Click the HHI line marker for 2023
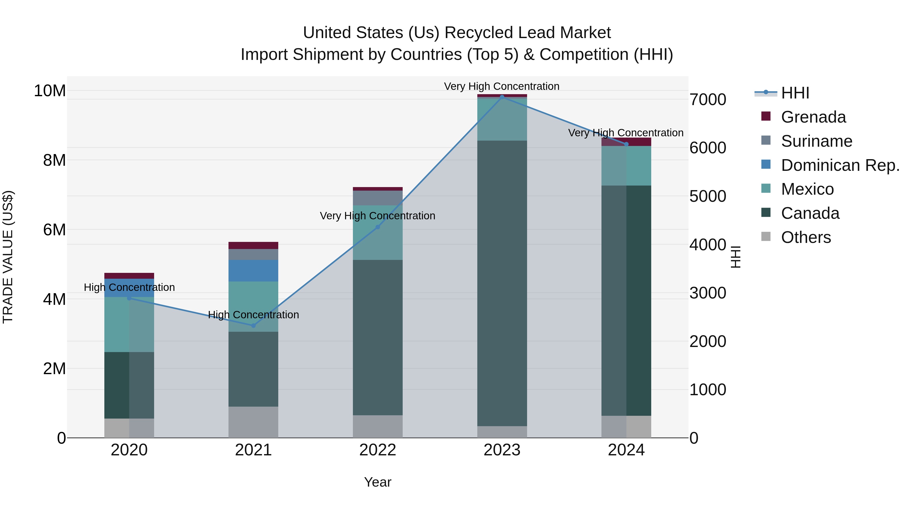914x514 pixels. (502, 97)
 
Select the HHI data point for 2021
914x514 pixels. (253, 326)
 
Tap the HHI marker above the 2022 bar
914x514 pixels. (378, 227)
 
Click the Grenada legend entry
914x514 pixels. (813, 117)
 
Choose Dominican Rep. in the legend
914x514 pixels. (840, 165)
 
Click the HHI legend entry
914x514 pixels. (795, 93)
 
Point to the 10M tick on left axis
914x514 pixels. (50, 91)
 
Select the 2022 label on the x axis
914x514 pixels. (378, 450)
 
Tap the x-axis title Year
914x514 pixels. (378, 482)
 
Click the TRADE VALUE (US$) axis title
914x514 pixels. (8, 257)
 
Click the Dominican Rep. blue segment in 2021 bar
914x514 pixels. (253, 271)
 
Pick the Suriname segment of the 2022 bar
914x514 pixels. (378, 198)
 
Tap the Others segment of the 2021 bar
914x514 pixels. (253, 422)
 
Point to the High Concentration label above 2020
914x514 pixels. (129, 287)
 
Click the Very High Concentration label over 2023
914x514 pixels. (502, 86)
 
